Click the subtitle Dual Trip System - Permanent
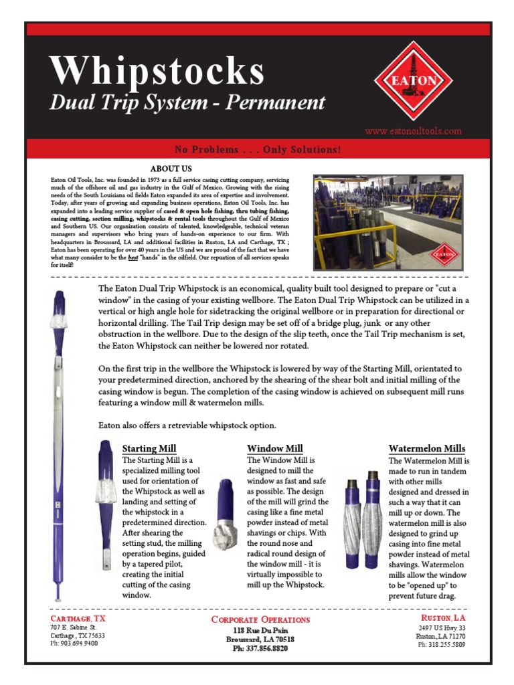tap(188, 103)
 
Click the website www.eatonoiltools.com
tap(413, 131)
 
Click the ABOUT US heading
tap(171, 169)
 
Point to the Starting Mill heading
tap(149, 448)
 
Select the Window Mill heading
tap(275, 448)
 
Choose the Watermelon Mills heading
tap(427, 448)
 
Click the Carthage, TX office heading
tap(78, 619)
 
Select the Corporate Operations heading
tap(260, 619)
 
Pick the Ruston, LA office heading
tap(442, 619)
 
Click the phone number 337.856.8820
tap(260, 648)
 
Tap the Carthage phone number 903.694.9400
tap(74, 644)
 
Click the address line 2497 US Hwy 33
tap(442, 629)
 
